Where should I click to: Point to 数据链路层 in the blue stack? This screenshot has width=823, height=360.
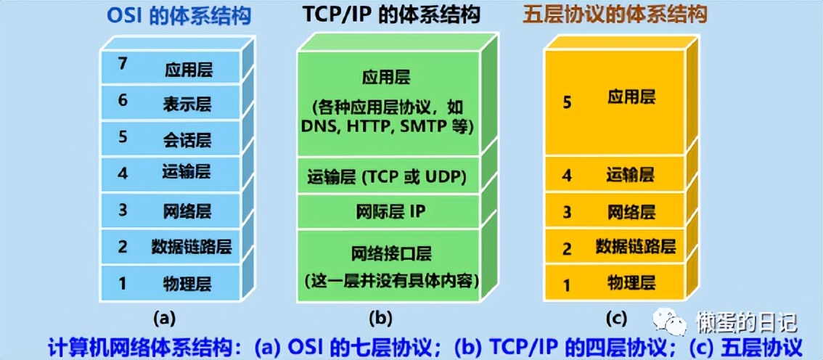tap(192, 246)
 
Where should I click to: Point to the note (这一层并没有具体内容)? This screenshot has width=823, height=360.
tap(390, 279)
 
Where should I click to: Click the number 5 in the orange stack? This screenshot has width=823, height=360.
tap(567, 102)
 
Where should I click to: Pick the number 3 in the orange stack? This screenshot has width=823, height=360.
tap(567, 212)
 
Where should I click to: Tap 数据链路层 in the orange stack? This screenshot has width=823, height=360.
tap(636, 246)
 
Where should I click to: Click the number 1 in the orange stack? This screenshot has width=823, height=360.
tap(567, 284)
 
